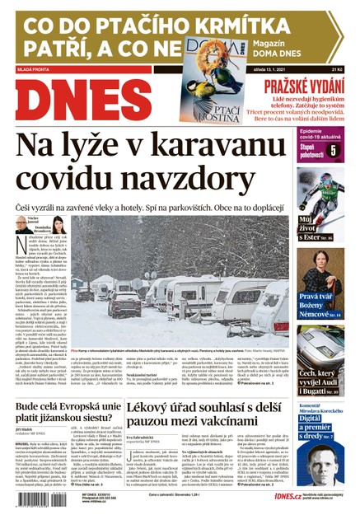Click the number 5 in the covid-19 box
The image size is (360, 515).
pyautogui.click(x=332, y=151)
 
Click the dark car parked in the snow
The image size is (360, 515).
pyautogui.click(x=86, y=293)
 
